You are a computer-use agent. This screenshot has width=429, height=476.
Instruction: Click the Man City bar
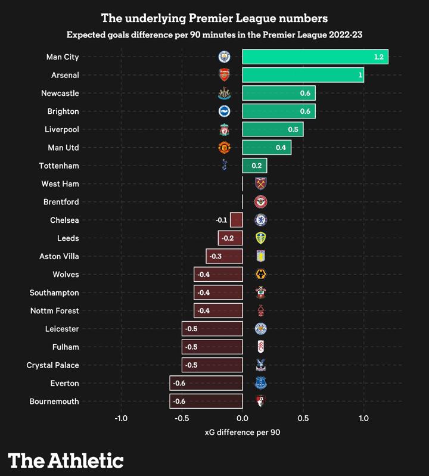315,57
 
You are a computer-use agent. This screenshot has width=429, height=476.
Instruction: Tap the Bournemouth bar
206,401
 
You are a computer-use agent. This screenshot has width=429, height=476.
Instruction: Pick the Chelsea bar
237,220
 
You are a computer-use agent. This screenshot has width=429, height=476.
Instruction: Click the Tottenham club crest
224,165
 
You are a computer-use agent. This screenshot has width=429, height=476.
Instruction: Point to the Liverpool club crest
224,129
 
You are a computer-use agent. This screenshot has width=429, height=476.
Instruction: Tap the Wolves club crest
260,274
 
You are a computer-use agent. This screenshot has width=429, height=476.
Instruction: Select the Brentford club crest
260,202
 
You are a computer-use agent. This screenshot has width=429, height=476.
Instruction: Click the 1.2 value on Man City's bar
379,57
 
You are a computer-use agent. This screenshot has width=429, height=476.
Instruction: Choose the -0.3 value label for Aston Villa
215,256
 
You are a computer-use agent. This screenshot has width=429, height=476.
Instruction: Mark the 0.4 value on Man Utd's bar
281,148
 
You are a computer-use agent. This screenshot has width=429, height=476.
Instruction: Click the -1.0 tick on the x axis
121,418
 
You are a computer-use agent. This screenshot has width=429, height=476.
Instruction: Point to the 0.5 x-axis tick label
303,418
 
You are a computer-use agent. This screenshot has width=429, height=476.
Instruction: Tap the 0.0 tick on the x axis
243,418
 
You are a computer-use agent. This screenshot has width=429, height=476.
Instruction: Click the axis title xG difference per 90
242,432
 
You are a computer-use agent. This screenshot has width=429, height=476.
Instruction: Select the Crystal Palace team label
52,365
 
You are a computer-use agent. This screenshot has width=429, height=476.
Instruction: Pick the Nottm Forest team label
54,311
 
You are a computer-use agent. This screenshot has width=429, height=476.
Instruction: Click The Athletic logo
66,460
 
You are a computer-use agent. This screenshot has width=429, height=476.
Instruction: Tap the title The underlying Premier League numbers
214,18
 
